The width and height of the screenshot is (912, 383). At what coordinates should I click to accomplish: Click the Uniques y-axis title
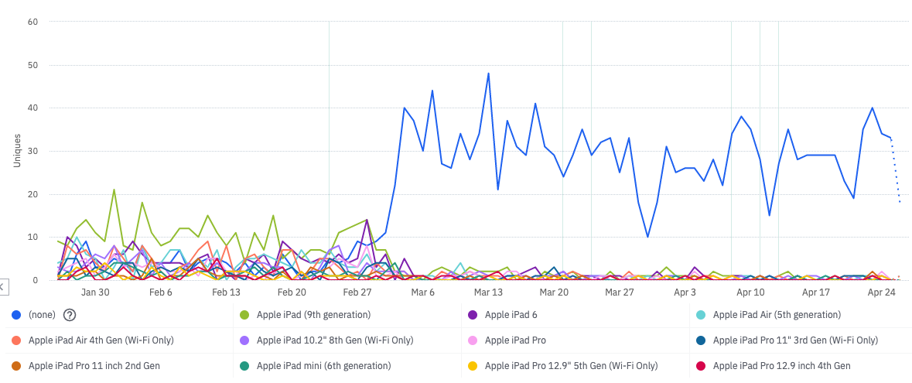[17, 151]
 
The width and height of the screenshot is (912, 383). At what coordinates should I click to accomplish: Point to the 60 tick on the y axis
[32, 22]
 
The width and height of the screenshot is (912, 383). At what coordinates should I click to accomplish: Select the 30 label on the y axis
[32, 151]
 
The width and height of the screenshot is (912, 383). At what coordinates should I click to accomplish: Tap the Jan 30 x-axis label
[95, 292]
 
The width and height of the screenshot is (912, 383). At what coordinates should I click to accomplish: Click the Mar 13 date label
[488, 292]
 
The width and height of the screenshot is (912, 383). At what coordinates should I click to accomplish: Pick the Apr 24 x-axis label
[881, 292]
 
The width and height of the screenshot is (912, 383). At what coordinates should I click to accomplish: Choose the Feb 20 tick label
[292, 292]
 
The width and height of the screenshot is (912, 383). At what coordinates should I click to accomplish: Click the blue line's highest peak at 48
[488, 74]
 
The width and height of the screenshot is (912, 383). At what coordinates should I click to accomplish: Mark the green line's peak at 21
[114, 190]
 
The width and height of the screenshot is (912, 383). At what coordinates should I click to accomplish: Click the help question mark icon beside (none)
[70, 314]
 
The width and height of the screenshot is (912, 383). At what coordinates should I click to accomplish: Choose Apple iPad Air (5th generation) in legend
[776, 314]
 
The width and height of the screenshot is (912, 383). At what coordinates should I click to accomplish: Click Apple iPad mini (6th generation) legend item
[323, 365]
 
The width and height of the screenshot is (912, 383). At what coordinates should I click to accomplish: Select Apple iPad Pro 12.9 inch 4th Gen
[781, 365]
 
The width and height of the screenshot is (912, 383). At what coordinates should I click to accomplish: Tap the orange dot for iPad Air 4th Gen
[16, 340]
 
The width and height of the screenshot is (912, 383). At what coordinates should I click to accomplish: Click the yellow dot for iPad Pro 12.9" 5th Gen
[473, 365]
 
